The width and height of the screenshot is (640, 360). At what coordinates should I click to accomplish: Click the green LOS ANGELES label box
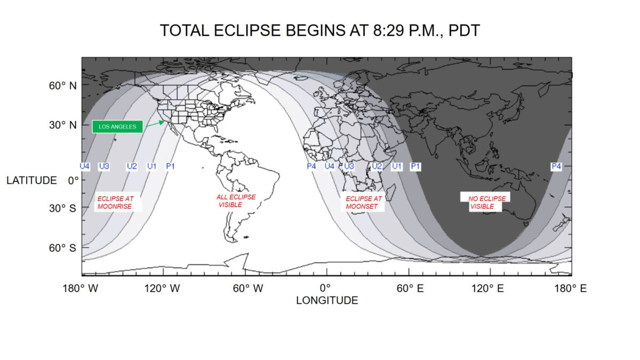tap(117, 126)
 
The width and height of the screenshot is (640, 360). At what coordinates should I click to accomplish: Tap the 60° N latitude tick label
tap(62, 85)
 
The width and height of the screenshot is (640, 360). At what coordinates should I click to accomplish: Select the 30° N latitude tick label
tap(62, 125)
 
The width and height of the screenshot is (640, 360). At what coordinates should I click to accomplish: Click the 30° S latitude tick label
tap(62, 209)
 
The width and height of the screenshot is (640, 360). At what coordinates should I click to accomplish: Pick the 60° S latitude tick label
tap(62, 247)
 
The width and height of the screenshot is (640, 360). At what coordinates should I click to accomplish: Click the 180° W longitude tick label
tap(81, 289)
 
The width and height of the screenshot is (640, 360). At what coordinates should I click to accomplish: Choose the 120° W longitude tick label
tap(162, 289)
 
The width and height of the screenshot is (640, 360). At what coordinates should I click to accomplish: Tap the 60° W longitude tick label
tap(247, 289)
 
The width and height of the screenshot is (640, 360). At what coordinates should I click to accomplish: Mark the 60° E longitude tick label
tap(410, 289)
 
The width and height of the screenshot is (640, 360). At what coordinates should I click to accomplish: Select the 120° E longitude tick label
tap(487, 289)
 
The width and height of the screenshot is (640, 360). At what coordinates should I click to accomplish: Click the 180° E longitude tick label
tap(571, 289)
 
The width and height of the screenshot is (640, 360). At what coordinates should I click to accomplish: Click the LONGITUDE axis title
tap(327, 300)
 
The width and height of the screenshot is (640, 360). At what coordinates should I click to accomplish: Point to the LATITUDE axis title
tap(31, 180)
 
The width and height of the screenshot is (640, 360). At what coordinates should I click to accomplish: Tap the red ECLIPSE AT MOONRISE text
tap(115, 202)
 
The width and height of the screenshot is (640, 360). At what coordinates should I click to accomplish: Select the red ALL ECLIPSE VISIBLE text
tap(236, 201)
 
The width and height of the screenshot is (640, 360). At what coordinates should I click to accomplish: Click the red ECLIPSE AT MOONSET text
tap(364, 202)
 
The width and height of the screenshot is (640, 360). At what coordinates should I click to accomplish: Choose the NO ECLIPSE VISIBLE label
tap(486, 202)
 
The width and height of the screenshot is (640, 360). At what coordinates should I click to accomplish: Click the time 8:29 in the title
tap(389, 30)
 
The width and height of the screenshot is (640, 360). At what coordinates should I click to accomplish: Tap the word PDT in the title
tap(464, 30)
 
